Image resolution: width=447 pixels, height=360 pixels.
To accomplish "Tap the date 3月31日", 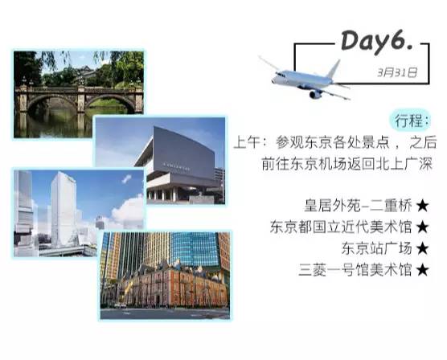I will tap(396, 72).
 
